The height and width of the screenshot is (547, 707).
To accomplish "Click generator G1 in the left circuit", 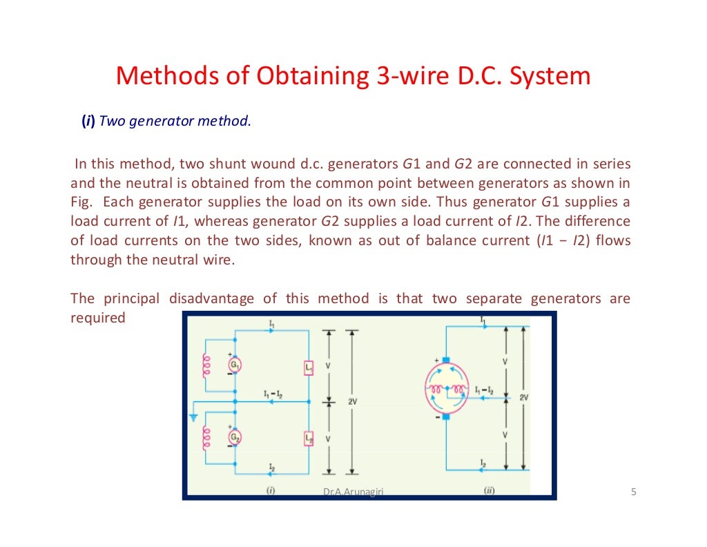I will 235,365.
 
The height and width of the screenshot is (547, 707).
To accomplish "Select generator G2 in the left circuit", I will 235,437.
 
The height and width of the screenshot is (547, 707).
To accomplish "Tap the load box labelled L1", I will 309,368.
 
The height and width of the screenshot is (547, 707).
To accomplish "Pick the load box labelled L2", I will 309,439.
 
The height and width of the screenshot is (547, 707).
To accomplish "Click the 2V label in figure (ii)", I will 524,398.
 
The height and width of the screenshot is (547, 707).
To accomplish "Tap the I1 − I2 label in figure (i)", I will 273,394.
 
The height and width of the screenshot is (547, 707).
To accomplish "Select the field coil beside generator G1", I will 204,367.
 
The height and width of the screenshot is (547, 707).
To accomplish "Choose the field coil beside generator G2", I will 204,438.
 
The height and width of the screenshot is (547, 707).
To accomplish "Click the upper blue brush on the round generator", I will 445,360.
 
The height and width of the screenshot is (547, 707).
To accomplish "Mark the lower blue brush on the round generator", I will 445,416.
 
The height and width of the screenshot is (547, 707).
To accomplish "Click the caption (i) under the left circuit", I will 271,490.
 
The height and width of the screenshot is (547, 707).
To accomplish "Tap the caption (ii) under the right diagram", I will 489,490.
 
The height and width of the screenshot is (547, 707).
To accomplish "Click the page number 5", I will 633,492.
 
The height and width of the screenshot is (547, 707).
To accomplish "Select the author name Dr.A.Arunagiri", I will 353,492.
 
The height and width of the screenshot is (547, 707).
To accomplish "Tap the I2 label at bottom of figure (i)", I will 271,467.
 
